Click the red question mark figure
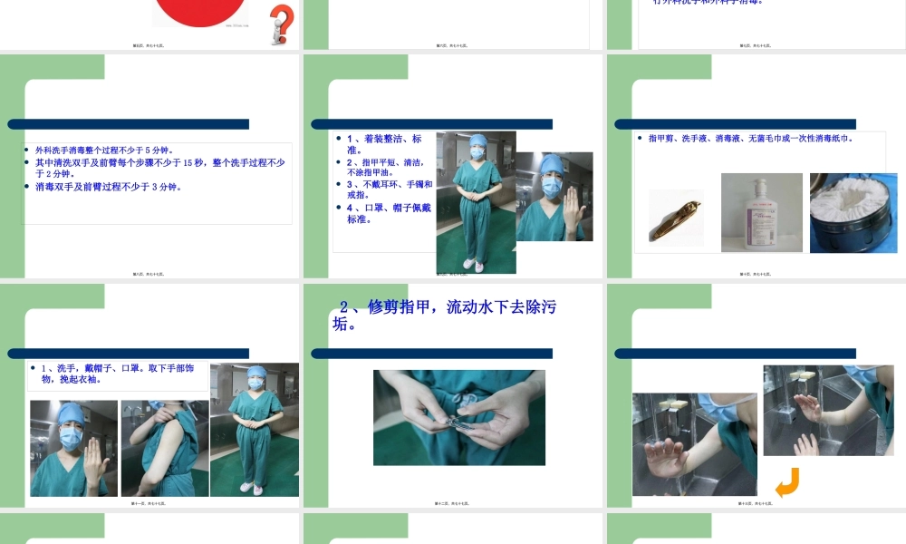click(x=282, y=24)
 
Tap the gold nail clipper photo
click(x=676, y=218)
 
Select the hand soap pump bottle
click(x=759, y=215)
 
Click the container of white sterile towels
click(x=853, y=214)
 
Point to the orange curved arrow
click(x=786, y=482)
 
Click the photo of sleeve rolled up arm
click(x=164, y=448)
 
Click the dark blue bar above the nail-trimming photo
click(x=431, y=354)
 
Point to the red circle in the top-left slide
click(x=200, y=11)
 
